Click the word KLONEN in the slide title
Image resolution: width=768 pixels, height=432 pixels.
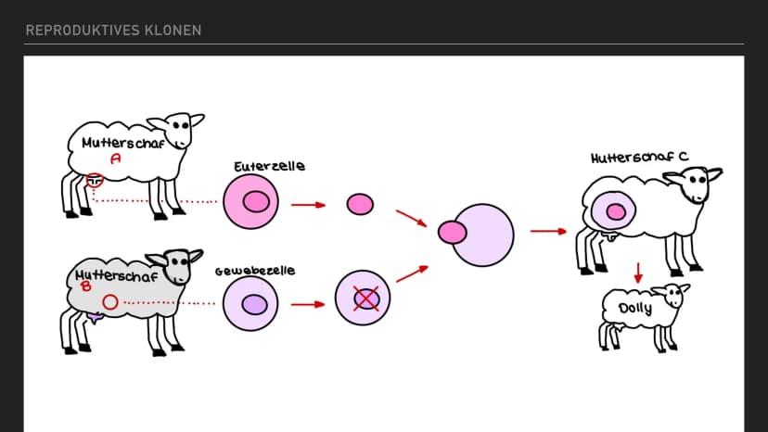pos(173,31)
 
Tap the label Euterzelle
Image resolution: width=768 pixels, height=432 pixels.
pos(269,167)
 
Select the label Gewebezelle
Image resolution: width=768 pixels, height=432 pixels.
pos(255,271)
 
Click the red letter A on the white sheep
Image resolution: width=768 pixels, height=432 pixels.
pos(116,159)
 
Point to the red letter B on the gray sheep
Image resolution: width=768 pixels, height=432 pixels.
pos(86,286)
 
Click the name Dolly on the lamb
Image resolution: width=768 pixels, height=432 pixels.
pos(635,309)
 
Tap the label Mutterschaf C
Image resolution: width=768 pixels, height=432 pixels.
pos(640,158)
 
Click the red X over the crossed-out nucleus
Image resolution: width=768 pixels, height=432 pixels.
pos(366,299)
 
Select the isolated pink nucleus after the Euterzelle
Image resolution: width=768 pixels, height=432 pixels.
pos(360,204)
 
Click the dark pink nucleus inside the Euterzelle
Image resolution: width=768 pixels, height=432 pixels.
pos(256,202)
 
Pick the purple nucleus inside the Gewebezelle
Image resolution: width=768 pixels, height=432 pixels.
pos(255,305)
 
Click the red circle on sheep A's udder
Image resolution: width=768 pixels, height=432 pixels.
pos(95,180)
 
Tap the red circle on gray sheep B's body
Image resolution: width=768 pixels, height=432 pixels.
pos(110,302)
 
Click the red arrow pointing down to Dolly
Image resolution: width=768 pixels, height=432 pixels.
pos(638,273)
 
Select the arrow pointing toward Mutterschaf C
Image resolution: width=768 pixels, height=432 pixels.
pos(548,231)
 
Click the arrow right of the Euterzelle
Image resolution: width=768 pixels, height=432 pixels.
pos(309,205)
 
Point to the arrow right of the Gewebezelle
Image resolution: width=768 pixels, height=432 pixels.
pos(308,304)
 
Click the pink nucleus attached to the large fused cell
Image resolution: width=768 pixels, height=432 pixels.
pos(452,233)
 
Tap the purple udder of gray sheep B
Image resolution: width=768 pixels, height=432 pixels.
pos(95,318)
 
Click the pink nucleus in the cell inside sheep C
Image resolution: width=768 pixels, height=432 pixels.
pos(616,211)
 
